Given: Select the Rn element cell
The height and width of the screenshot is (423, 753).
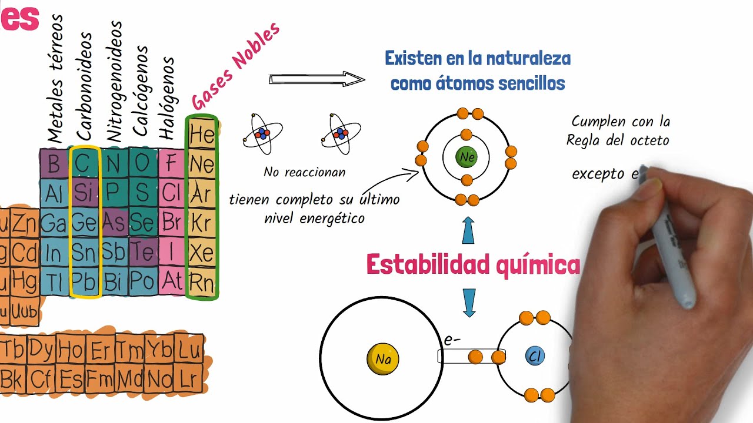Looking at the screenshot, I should point(202,283).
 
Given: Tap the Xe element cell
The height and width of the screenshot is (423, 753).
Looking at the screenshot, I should point(202,254).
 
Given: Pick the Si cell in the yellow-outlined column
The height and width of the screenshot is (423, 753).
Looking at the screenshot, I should point(84,193).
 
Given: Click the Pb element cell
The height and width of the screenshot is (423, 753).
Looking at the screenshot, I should point(84,283).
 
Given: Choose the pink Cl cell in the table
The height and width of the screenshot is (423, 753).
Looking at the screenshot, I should point(172,193).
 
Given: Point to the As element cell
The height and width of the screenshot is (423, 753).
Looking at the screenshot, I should point(114,222).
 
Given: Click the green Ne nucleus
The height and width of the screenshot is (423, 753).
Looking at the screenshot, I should point(467,157).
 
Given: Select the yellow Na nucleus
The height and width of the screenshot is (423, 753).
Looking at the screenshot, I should point(383,358).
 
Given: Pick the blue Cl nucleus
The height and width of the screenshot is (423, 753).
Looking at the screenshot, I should point(535,356).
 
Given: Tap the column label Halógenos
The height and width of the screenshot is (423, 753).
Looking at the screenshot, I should point(168,98).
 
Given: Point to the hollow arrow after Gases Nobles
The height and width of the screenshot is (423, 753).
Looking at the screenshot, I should point(316,79).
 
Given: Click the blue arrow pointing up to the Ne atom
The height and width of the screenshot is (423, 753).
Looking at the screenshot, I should point(468,230).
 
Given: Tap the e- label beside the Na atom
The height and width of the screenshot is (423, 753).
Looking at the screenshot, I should point(451,340).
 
